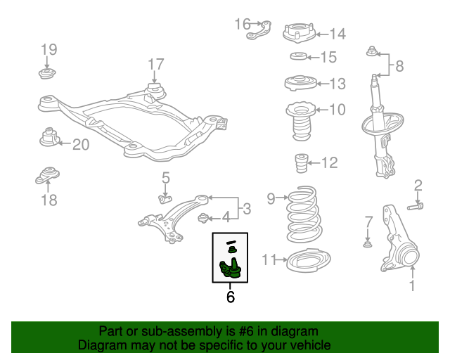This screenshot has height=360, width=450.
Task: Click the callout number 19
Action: [x=48, y=49]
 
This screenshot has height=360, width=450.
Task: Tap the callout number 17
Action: [x=155, y=65]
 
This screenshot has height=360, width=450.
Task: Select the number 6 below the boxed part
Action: [x=230, y=297]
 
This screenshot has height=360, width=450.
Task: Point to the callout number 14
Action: [x=337, y=33]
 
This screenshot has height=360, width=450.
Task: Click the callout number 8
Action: [x=399, y=67]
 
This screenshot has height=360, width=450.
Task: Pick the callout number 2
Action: [x=418, y=186]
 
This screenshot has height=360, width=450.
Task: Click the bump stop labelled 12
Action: [x=301, y=164]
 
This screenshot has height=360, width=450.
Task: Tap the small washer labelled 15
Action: [x=298, y=57]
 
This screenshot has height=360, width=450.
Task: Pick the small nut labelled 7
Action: [x=367, y=244]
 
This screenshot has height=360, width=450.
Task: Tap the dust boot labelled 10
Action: [x=299, y=120]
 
